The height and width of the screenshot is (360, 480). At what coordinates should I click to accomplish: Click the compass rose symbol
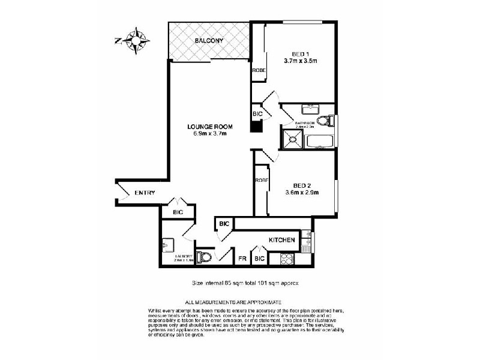click(138, 41)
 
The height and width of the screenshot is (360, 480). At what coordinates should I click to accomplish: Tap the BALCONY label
click(209, 41)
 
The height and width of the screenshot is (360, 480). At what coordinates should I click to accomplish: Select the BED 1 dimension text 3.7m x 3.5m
click(300, 61)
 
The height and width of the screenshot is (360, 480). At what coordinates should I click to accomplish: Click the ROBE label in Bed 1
click(259, 71)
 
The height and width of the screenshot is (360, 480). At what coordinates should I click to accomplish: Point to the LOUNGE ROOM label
click(209, 127)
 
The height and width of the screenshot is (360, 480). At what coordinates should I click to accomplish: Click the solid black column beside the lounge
click(256, 127)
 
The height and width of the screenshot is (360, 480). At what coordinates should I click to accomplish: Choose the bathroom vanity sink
click(310, 110)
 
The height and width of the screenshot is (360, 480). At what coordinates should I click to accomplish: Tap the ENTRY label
click(145, 193)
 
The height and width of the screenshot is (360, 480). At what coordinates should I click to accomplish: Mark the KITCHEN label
click(281, 240)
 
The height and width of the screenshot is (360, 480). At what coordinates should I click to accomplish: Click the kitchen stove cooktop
click(286, 259)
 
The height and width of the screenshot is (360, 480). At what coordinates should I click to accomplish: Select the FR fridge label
click(242, 259)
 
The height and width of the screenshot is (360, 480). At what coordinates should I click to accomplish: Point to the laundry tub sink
click(167, 245)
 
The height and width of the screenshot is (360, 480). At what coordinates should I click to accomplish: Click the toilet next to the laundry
click(206, 257)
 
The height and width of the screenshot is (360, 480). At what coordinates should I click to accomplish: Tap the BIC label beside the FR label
click(259, 259)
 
